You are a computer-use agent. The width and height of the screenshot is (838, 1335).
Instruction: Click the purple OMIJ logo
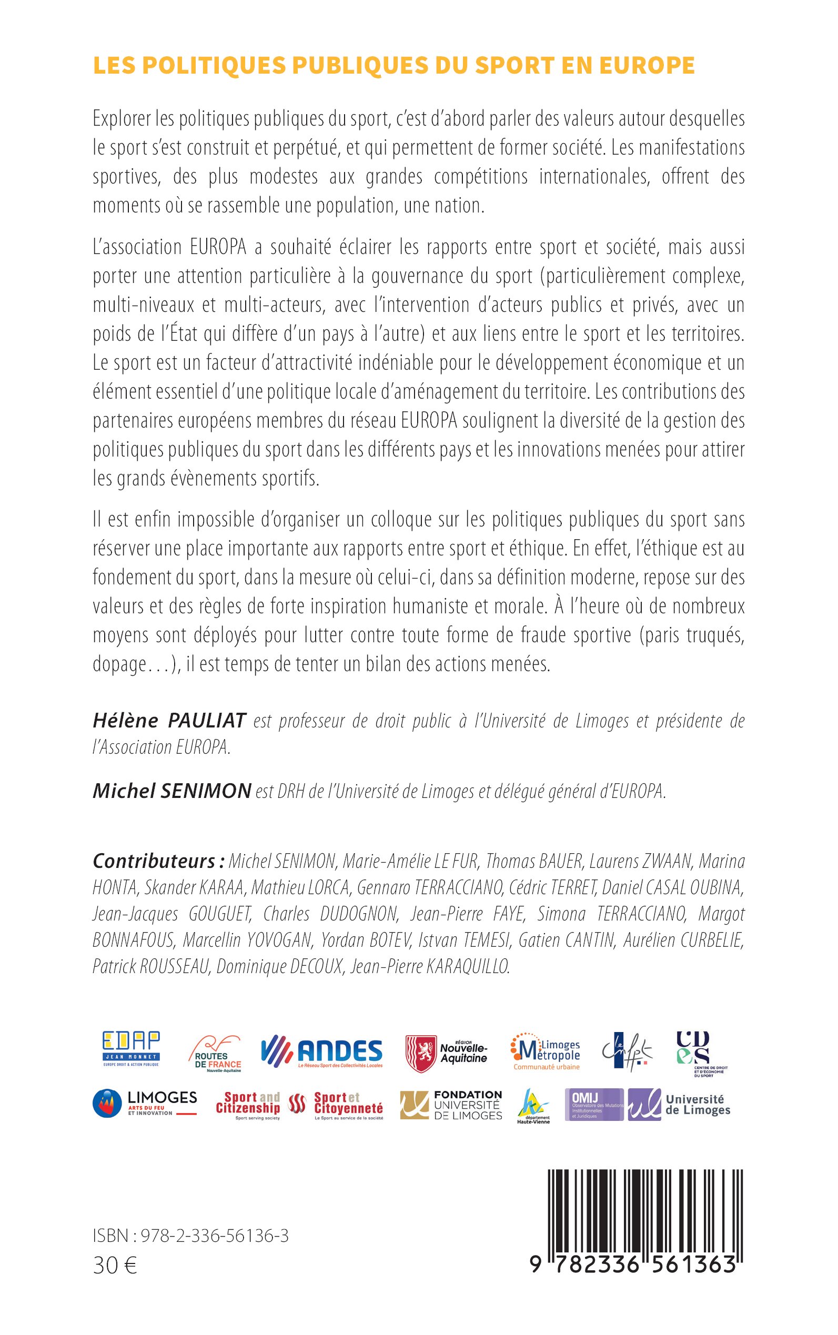click(593, 1105)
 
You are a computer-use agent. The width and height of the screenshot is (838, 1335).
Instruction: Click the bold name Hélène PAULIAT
click(169, 721)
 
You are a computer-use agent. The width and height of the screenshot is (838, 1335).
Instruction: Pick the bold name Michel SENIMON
click(172, 791)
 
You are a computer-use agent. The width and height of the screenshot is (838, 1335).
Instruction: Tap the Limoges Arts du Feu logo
click(145, 1105)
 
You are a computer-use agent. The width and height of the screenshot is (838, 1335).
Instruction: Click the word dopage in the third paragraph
click(118, 665)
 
